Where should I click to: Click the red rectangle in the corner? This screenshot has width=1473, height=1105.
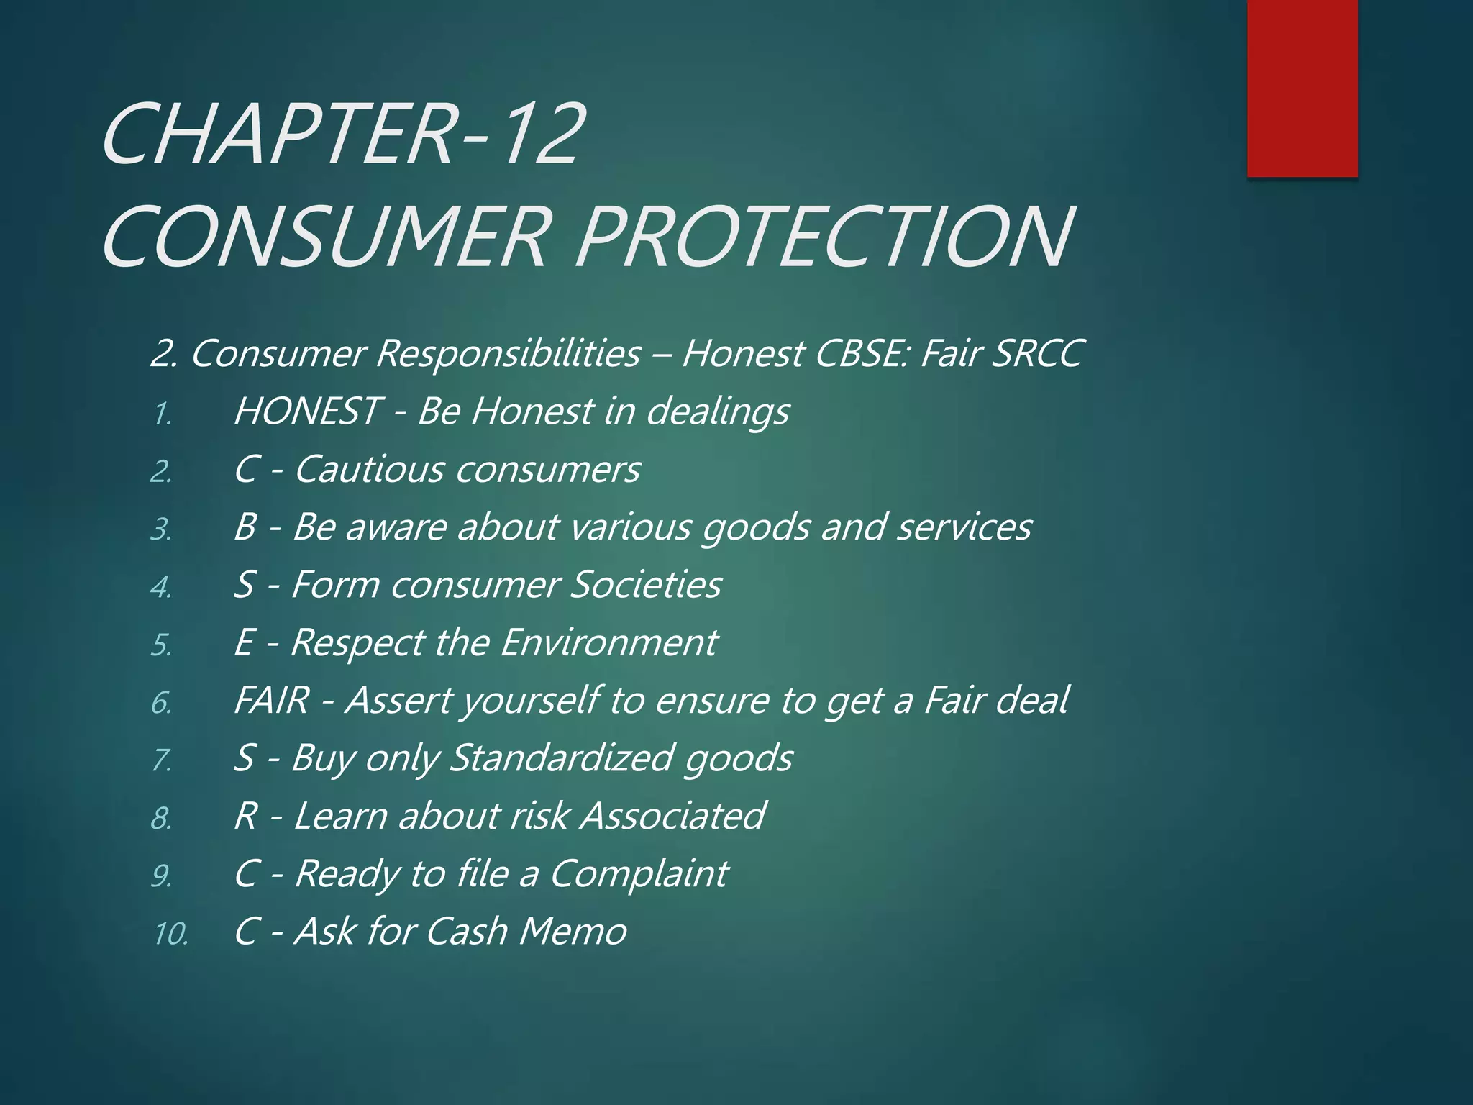tap(1302, 88)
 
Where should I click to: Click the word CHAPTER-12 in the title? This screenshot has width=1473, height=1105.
tap(342, 135)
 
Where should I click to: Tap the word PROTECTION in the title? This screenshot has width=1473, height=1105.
tap(824, 237)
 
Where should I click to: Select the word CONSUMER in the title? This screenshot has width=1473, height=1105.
tap(327, 237)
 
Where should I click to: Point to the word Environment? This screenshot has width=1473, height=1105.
tap(608, 642)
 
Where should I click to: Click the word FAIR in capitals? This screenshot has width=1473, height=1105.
tap(272, 700)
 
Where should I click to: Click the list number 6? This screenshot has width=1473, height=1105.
tap(162, 703)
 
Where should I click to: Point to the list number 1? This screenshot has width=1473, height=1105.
tap(162, 414)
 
